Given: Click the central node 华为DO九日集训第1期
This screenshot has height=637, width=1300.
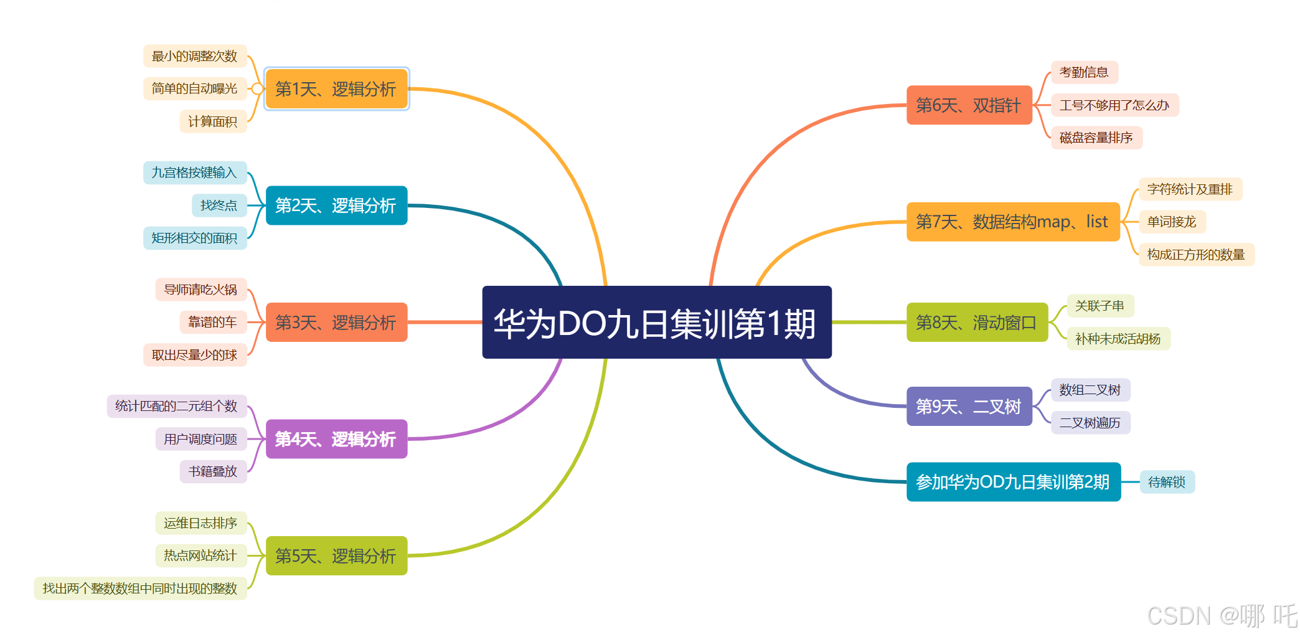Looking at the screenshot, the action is click(x=656, y=323).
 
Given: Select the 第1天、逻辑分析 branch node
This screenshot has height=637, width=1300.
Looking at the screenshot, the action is click(x=336, y=89).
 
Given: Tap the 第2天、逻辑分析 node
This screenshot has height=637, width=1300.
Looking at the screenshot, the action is click(x=336, y=205).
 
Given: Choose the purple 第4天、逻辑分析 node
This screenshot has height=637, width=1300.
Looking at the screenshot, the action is click(x=336, y=439).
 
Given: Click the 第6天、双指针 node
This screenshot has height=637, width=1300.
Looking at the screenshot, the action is click(x=969, y=105).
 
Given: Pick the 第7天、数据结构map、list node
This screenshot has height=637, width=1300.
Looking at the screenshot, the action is click(x=1012, y=222).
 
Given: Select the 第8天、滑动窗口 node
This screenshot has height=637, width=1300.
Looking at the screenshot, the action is click(x=976, y=323).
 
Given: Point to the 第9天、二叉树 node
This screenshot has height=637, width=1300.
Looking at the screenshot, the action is click(x=969, y=407).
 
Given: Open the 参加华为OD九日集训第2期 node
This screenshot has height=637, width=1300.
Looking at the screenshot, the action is click(x=1013, y=482).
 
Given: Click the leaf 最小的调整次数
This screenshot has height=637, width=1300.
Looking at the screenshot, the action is click(x=195, y=56).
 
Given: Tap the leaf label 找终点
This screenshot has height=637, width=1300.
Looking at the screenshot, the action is click(x=219, y=205).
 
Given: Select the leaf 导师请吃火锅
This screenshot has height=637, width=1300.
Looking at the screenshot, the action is click(x=200, y=290).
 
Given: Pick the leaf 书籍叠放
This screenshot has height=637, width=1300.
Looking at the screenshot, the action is click(x=213, y=471).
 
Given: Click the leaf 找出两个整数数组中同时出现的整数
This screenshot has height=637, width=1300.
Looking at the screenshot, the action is click(x=140, y=588).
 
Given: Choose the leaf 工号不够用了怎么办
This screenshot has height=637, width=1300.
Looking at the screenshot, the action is click(x=1114, y=105).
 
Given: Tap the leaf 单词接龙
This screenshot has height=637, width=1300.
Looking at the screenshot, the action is click(x=1172, y=222).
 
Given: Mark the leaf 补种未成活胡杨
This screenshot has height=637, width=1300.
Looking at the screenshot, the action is click(x=1118, y=339).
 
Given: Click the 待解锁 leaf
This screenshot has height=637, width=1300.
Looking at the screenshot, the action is click(x=1167, y=482).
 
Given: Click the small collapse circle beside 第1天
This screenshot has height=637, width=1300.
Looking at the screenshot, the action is click(x=257, y=89).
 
